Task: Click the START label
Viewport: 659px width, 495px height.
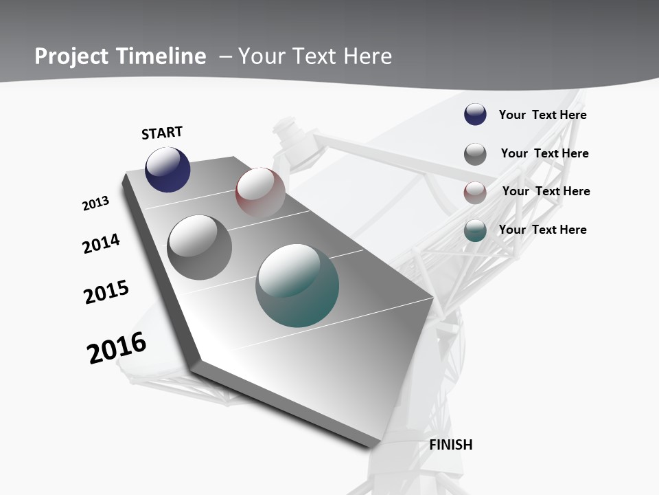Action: [162, 133]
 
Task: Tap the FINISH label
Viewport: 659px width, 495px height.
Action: [450, 445]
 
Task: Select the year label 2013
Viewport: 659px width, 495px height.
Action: [95, 203]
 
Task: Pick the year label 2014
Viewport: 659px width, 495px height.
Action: [101, 244]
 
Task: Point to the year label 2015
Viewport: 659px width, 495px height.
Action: [106, 292]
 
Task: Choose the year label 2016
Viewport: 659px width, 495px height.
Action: [117, 348]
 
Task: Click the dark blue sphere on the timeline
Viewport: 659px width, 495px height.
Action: [167, 170]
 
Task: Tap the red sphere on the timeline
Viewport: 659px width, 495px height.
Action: [260, 192]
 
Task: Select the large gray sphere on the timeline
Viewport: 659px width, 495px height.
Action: [200, 247]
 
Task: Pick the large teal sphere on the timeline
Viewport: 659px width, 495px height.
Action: [297, 285]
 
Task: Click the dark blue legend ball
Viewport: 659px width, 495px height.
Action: [475, 115]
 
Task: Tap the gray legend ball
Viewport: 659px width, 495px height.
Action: [475, 154]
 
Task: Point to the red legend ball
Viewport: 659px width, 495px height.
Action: [475, 193]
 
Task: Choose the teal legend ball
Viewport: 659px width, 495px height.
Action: [475, 231]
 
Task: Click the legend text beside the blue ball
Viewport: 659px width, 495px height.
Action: [542, 115]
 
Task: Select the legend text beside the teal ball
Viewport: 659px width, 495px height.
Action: [542, 230]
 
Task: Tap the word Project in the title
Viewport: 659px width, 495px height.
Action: [71, 56]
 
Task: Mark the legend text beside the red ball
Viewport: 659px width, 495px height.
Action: [546, 191]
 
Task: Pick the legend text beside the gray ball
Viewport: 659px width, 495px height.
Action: [544, 153]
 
